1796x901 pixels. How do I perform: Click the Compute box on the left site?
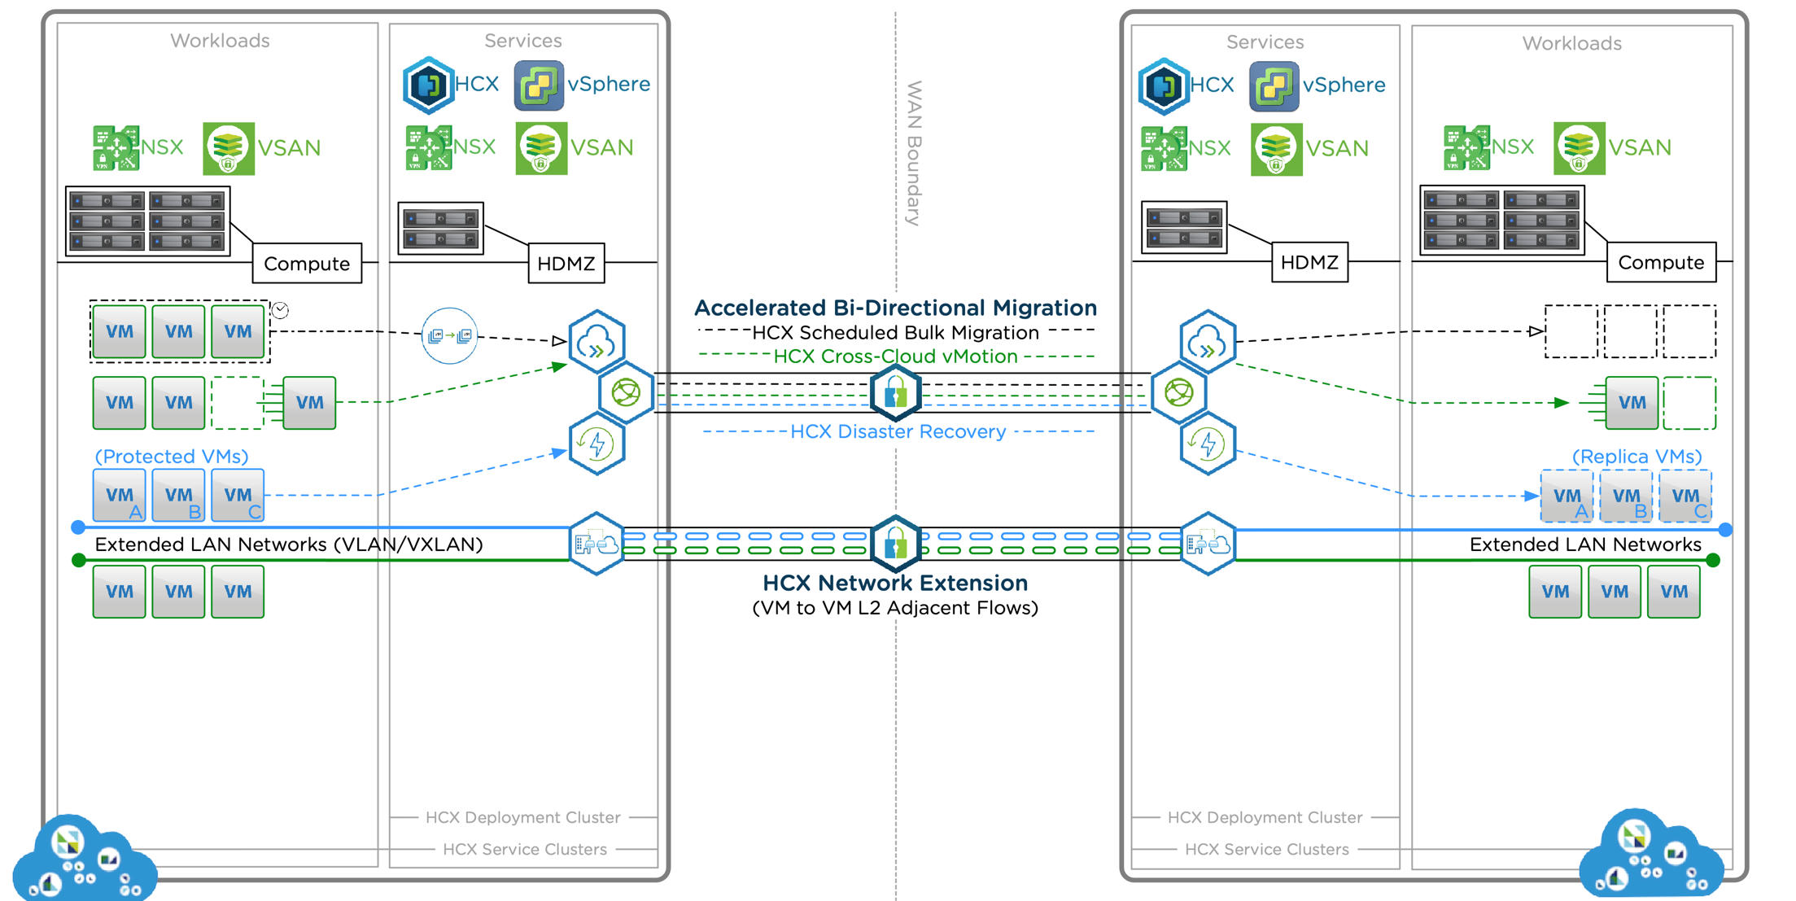(x=307, y=264)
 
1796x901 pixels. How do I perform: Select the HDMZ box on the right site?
(x=1309, y=263)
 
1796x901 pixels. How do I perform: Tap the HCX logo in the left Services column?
(x=429, y=85)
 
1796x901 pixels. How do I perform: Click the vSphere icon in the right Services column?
(x=1274, y=85)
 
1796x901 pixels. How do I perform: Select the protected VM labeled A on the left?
(x=120, y=495)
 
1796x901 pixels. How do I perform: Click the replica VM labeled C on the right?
(x=1685, y=496)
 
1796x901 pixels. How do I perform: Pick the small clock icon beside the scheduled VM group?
(x=280, y=310)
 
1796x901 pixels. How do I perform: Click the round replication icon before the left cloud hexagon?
(x=449, y=335)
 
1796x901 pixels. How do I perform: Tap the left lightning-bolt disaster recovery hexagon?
(x=596, y=444)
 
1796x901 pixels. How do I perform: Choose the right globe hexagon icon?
(x=1179, y=393)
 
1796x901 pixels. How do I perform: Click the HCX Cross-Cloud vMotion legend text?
(x=895, y=356)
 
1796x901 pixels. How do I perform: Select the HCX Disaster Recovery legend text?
(x=898, y=431)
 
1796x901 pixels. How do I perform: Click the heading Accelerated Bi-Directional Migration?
(x=895, y=308)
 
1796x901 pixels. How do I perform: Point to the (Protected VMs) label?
(x=171, y=456)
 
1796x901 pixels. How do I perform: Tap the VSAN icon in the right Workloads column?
(x=1579, y=148)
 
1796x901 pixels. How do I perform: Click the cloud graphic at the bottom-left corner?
(x=81, y=859)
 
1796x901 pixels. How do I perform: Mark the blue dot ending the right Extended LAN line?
(x=1725, y=529)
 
